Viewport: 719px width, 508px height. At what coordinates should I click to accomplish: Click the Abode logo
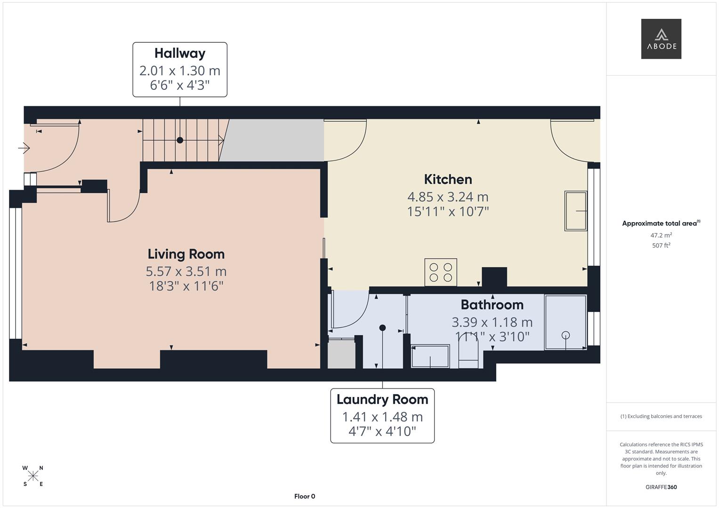[661, 39]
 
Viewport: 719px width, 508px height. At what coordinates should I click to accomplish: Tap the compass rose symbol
[33, 476]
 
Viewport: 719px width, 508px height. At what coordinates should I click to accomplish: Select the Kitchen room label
[448, 179]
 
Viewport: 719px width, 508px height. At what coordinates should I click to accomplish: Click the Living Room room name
[186, 254]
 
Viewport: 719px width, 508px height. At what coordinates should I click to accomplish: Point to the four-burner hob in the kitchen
[440, 272]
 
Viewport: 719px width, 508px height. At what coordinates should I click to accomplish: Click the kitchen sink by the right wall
[575, 211]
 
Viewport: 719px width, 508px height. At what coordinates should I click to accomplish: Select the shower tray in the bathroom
[565, 322]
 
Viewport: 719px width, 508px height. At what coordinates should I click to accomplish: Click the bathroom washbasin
[430, 356]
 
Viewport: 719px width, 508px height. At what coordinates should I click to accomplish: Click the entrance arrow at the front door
[24, 149]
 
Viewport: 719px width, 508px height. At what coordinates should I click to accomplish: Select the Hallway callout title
[180, 53]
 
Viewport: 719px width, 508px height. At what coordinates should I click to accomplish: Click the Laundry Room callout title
[382, 399]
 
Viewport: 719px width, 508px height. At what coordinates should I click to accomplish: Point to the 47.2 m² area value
[661, 235]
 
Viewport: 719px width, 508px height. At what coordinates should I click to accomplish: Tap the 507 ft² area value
[661, 246]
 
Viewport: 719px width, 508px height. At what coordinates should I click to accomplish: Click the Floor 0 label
[305, 496]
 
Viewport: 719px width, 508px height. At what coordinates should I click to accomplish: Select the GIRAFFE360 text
[661, 487]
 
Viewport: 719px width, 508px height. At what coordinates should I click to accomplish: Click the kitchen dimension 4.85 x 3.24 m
[448, 197]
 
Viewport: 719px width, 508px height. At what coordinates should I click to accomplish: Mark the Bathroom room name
[492, 305]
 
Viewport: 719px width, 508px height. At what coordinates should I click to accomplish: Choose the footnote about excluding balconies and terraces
[661, 416]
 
